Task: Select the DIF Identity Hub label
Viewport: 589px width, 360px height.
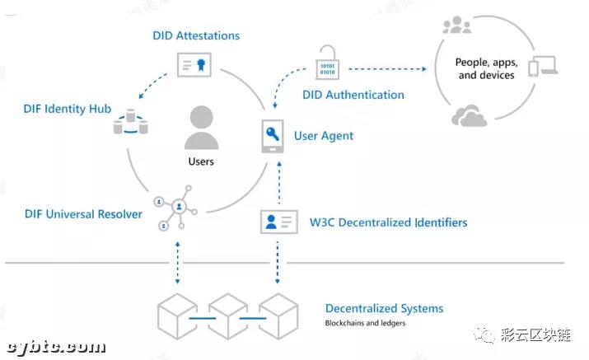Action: [67, 109]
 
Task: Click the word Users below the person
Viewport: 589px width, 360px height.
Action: [201, 161]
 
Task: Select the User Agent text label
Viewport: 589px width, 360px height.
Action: [324, 136]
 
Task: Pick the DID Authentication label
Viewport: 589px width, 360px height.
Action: [353, 95]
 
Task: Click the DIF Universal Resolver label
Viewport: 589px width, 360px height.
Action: [83, 214]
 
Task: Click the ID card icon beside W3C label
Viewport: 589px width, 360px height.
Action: [278, 222]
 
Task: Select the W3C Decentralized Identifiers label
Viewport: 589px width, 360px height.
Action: [388, 222]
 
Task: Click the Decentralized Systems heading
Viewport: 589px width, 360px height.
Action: [384, 308]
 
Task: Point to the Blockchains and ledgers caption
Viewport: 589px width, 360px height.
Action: [365, 323]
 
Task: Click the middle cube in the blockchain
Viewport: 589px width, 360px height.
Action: [227, 315]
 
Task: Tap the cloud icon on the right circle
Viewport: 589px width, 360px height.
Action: [469, 117]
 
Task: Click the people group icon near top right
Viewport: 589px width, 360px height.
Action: [456, 26]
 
